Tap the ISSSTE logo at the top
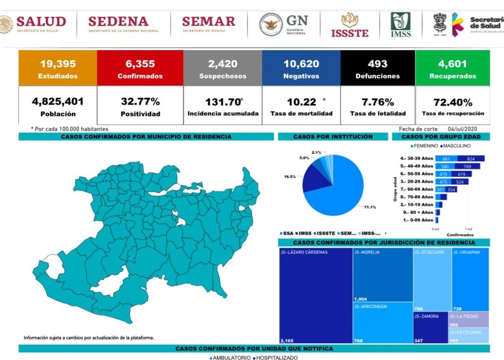[x=349, y=25]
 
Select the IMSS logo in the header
[x=400, y=25]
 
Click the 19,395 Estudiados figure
[x=58, y=64]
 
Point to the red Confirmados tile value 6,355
[x=140, y=64]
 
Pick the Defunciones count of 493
[x=377, y=64]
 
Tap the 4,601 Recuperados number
[x=452, y=64]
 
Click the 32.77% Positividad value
[x=140, y=102]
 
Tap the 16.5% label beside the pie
[x=290, y=176]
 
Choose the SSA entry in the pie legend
[x=287, y=233]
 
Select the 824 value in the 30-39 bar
[x=470, y=158]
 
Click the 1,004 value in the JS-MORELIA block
[x=360, y=299]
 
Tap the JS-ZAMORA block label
[x=426, y=316]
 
